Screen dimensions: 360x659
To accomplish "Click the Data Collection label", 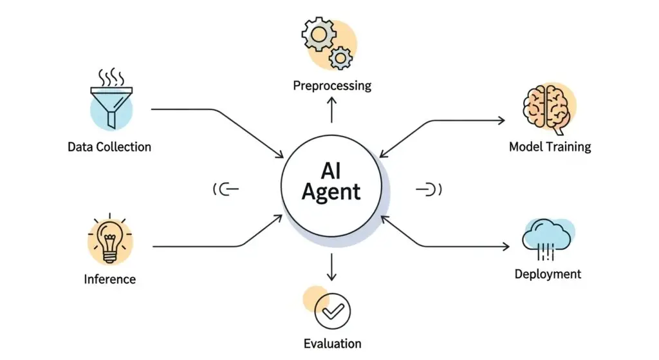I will click(x=109, y=147).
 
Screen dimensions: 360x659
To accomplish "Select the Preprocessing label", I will click(x=332, y=86).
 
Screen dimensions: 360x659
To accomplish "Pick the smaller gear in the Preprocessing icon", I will click(x=340, y=59).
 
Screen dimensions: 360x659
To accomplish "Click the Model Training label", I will click(x=550, y=147).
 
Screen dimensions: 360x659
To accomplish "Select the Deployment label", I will click(x=548, y=274).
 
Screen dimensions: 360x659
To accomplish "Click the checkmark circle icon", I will click(x=332, y=312).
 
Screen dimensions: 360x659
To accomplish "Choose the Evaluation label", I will click(x=332, y=343).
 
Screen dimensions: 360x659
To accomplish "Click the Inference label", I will click(x=109, y=279).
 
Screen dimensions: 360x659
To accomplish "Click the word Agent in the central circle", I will click(x=331, y=191).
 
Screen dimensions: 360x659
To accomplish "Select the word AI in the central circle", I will click(x=332, y=169).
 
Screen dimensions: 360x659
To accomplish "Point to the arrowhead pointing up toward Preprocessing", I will click(x=332, y=102).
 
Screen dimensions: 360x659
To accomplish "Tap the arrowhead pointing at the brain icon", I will click(x=502, y=120).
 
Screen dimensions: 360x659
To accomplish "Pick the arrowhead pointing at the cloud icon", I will click(x=502, y=246).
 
